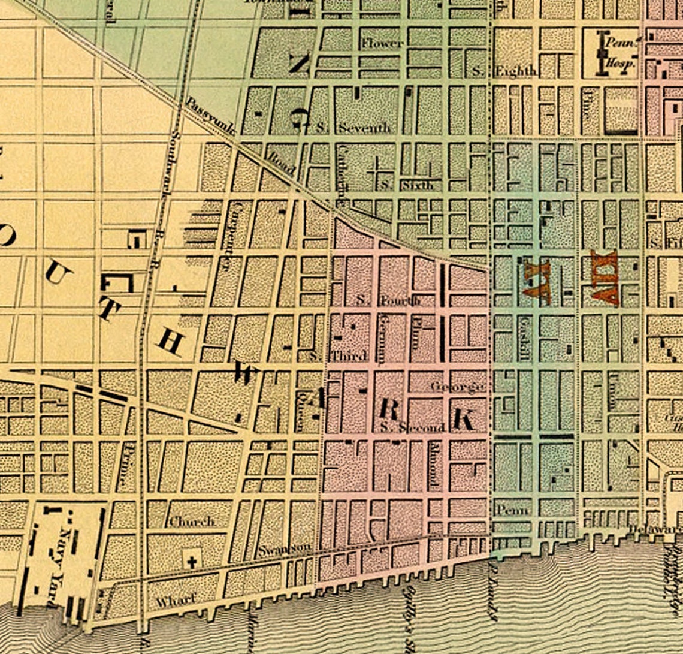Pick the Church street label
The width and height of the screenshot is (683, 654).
[x=191, y=522]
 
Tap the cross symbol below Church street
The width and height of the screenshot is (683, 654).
[x=192, y=562]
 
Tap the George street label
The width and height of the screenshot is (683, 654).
[x=458, y=387]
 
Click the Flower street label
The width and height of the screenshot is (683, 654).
[x=382, y=43]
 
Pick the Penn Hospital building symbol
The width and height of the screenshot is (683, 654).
[x=600, y=54]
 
